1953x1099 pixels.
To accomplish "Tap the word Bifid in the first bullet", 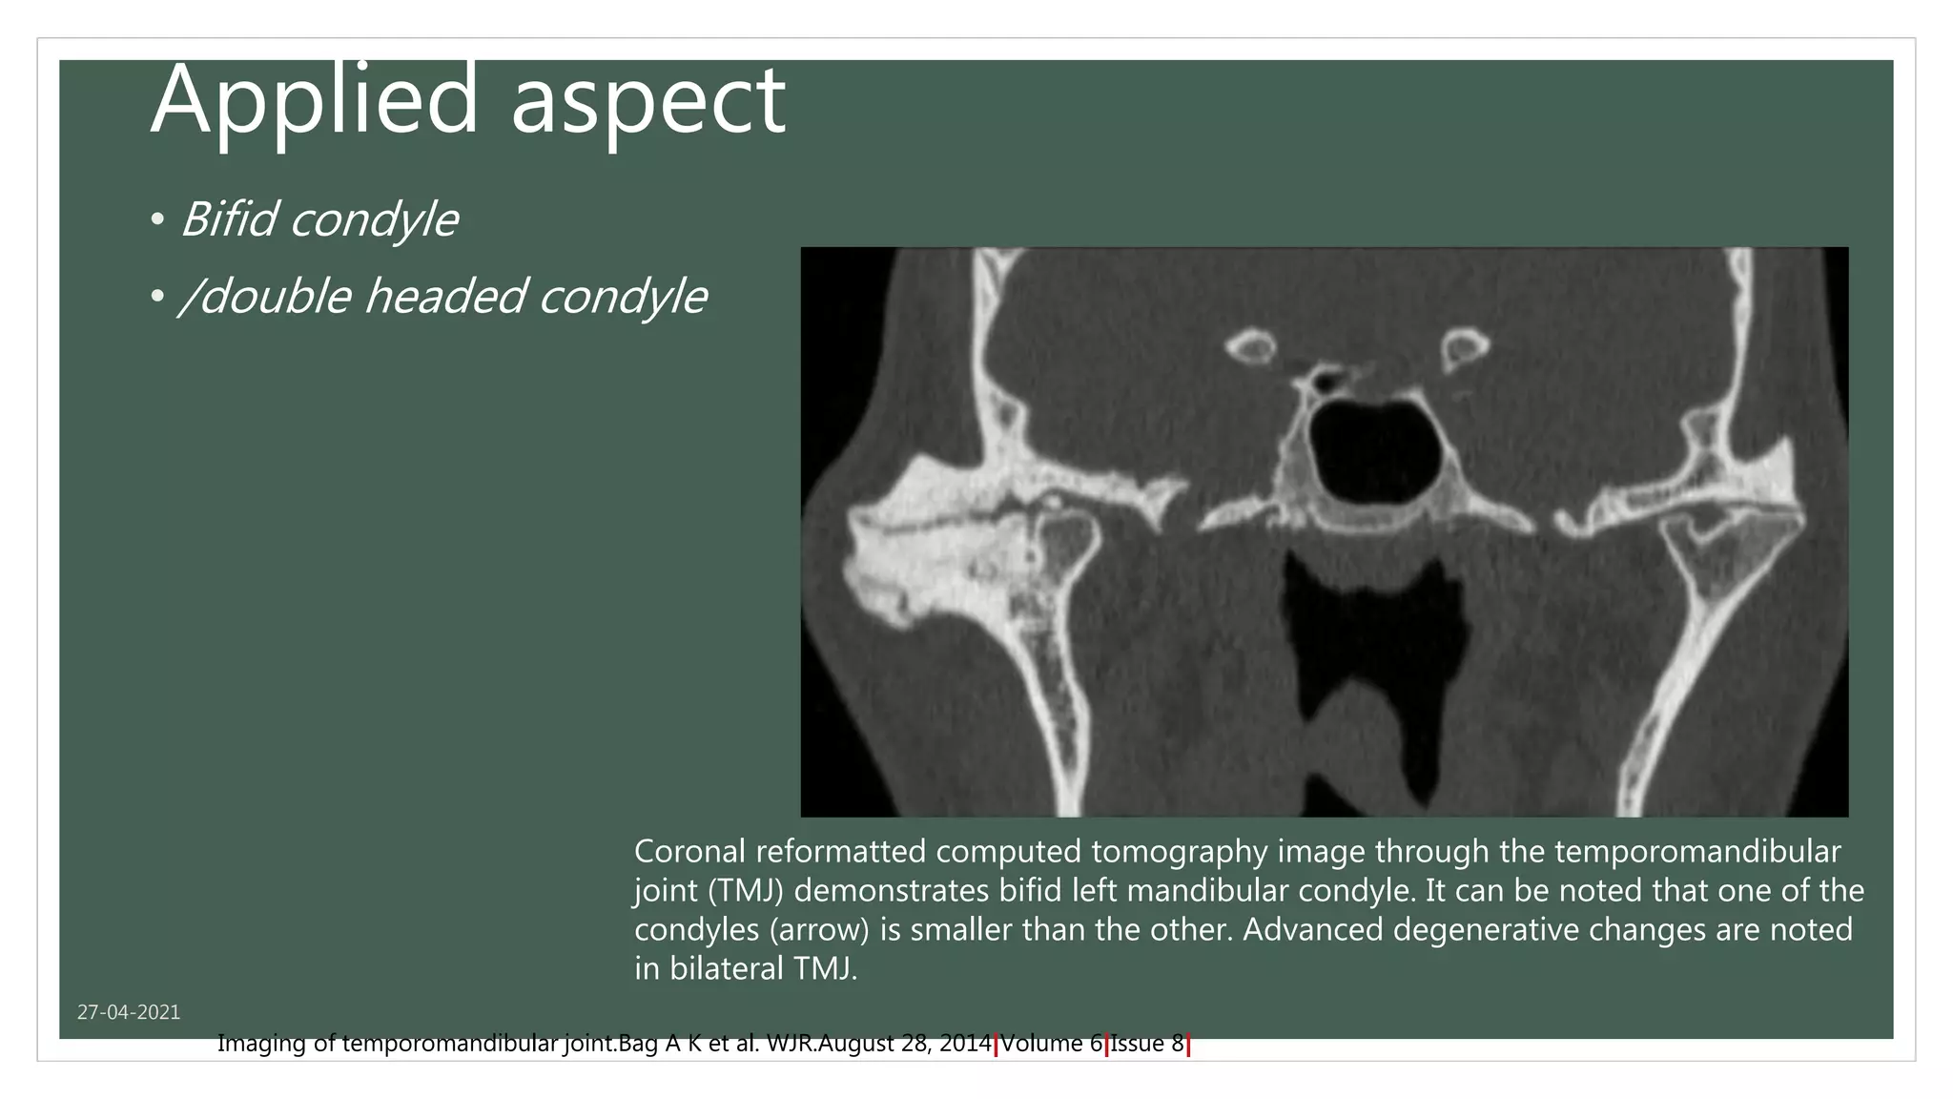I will pos(228,219).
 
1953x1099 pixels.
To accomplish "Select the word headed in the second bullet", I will pos(445,296).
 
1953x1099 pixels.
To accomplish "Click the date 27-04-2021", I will pos(129,1012).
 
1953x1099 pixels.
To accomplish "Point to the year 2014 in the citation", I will pos(965,1044).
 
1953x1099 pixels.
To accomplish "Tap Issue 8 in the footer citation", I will pos(1147,1044).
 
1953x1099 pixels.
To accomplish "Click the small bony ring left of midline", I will pos(1249,347).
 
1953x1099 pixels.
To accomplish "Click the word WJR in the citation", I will pos(789,1044).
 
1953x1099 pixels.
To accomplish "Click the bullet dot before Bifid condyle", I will pos(157,221).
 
